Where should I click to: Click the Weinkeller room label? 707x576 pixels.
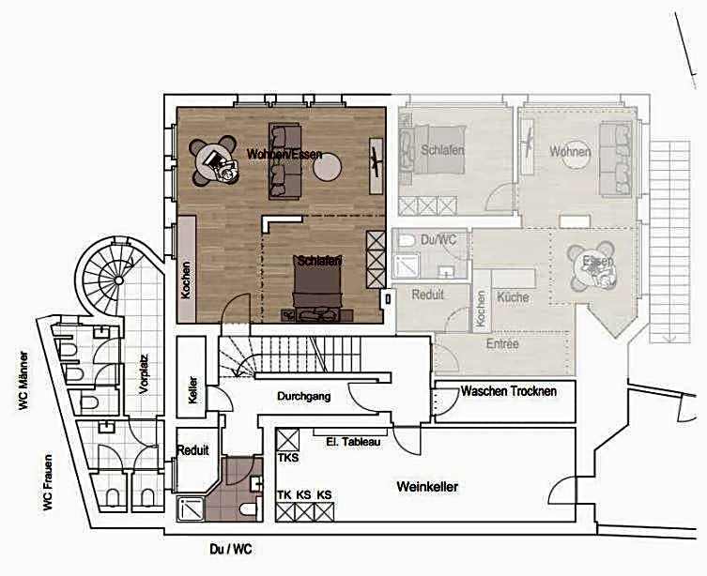point(427,487)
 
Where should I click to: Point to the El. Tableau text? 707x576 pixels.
point(352,442)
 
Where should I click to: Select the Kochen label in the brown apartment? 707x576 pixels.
point(186,280)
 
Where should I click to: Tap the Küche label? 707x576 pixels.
point(514,296)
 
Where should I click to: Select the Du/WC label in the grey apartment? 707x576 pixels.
point(438,239)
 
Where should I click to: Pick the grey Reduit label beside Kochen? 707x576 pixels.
point(428,295)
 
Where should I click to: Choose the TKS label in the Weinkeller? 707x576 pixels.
point(287,459)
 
